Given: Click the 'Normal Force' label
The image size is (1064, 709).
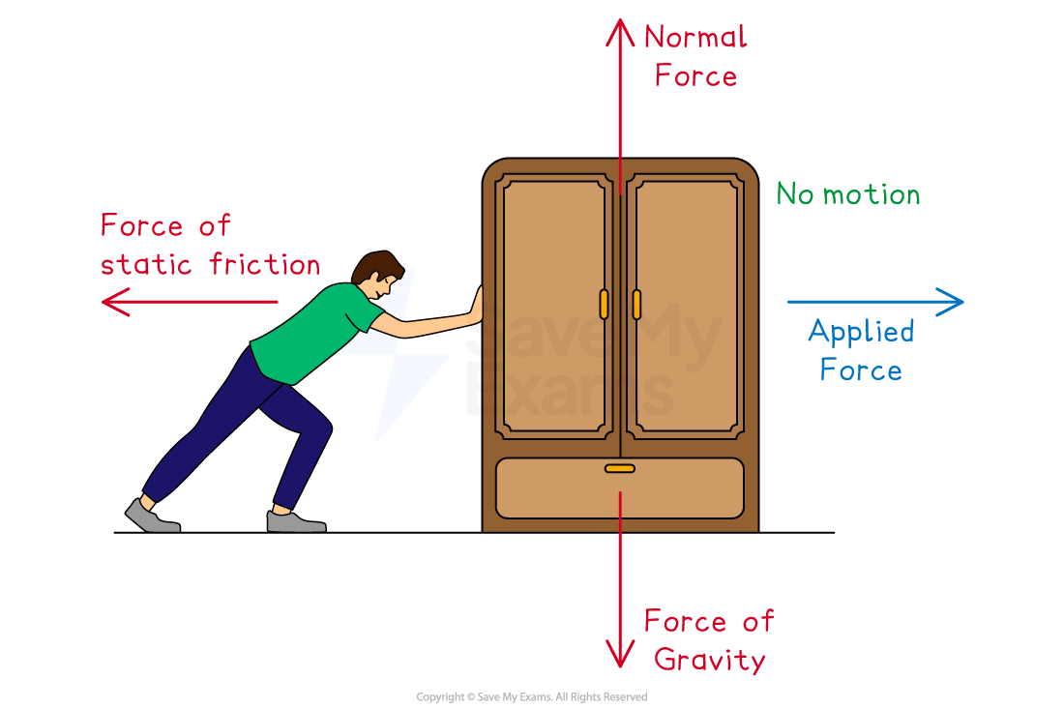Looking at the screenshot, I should (x=695, y=57).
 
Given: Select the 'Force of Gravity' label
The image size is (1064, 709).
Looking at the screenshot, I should (x=710, y=640).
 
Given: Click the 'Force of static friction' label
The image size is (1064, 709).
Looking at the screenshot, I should (x=210, y=245).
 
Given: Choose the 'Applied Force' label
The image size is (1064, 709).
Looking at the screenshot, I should (x=861, y=350).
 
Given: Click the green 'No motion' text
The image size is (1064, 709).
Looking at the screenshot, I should (x=848, y=195).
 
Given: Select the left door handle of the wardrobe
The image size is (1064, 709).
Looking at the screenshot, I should (x=604, y=304).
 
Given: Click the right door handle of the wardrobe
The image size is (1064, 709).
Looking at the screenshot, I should (x=636, y=304).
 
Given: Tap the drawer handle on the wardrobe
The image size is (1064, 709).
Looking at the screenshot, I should (x=620, y=468).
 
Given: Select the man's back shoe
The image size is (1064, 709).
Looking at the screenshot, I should (x=151, y=517).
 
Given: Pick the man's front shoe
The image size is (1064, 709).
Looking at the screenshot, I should (x=294, y=521).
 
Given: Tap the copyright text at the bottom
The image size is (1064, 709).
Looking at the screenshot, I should (x=531, y=696).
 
